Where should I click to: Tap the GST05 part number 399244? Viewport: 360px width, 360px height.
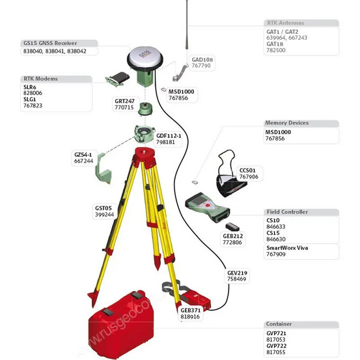click(x=104, y=214)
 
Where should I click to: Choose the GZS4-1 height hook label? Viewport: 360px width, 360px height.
click(x=83, y=154)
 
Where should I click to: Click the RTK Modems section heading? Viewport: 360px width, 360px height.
click(x=40, y=79)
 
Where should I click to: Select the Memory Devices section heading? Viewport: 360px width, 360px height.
click(x=286, y=123)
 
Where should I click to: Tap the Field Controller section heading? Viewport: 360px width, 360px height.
click(x=287, y=212)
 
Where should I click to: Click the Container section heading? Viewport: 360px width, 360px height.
click(x=279, y=324)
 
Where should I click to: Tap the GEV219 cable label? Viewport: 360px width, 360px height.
click(x=237, y=272)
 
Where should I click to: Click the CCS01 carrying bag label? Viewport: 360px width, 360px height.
click(x=248, y=170)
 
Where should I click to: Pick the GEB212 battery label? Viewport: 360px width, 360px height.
click(x=232, y=236)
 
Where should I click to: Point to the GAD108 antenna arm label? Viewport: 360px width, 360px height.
click(x=202, y=59)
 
